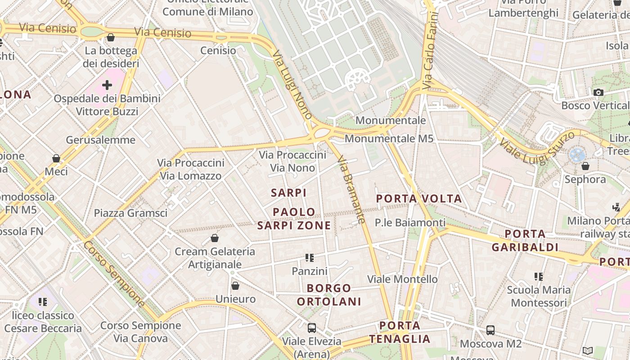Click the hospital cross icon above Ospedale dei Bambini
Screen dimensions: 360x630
pos(107,85)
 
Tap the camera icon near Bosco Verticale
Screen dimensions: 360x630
pos(598,92)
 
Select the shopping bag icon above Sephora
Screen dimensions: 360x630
pos(585,166)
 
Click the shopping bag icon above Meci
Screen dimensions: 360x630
pos(56,158)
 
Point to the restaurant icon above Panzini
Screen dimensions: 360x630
pos(309,258)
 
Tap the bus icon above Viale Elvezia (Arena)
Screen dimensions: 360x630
pos(311,328)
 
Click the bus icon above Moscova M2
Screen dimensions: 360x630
pos(490,330)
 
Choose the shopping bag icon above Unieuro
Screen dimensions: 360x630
pos(235,286)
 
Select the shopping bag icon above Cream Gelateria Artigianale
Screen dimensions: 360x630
pos(215,238)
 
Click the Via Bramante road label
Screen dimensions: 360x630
pos(351,189)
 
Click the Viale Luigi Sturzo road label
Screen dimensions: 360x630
pos(536,147)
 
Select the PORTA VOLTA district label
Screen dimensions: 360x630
pos(419,198)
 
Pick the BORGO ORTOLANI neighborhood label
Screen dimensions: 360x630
pos(329,295)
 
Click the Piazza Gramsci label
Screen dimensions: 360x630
pos(130,213)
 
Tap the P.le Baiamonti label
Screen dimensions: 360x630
pos(410,223)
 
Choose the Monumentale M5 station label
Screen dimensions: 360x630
pos(389,138)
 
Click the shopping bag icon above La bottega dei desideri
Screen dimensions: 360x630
pos(111,37)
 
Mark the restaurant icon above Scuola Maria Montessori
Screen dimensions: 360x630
pos(538,276)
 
